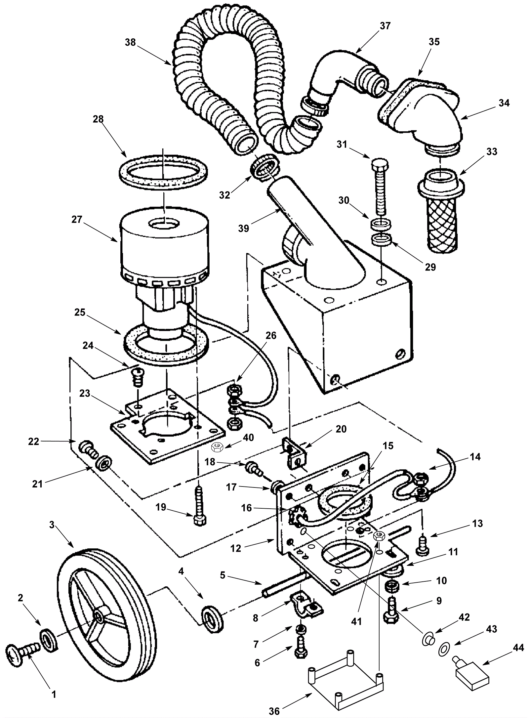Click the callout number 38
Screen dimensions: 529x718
[131, 42]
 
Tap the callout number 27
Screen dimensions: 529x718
[76, 220]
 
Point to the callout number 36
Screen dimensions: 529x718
[274, 709]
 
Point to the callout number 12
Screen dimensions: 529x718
[236, 548]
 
